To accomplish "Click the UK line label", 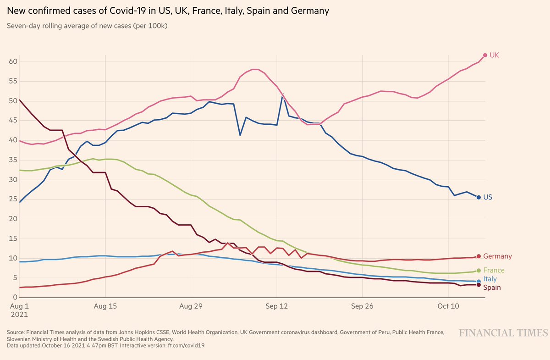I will click(494, 55).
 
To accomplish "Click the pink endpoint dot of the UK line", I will click(485, 55).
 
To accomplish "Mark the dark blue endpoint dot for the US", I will click(479, 197).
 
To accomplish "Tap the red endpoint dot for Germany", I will click(479, 256).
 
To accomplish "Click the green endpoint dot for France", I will click(479, 271).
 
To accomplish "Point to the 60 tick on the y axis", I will click(13, 62).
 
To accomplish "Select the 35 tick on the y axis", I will click(13, 160).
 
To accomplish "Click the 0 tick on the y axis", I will click(15, 298).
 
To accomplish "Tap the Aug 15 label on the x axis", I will click(105, 306).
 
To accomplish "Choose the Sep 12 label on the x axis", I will click(277, 306).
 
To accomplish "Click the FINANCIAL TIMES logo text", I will click(503, 332).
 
